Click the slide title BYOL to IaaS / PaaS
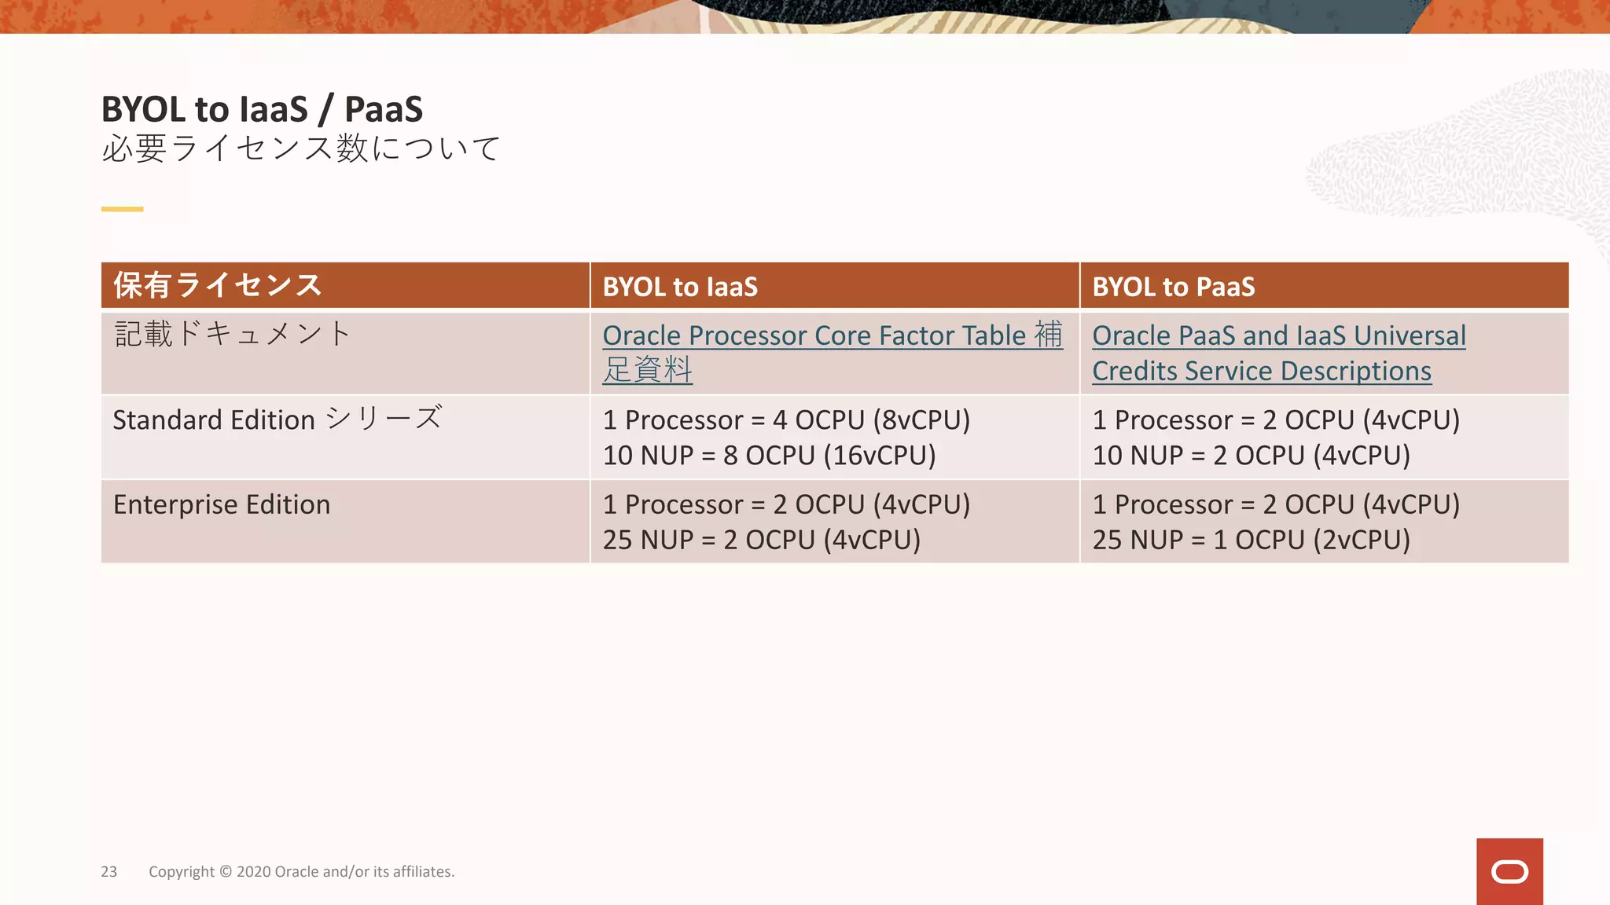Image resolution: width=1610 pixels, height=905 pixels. point(262,109)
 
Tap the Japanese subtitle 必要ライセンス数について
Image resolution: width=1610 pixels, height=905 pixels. point(300,148)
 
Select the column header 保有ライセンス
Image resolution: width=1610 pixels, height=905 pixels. point(218,285)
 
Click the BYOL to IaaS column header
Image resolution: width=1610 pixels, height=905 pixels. point(680,287)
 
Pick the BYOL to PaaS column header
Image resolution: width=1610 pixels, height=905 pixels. point(1173,287)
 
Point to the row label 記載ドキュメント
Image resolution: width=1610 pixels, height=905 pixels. point(232,334)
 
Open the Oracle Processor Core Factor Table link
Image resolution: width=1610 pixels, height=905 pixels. point(814,335)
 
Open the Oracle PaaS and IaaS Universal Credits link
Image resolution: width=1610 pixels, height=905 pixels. point(1278,336)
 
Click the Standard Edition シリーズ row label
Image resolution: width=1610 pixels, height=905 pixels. point(278,419)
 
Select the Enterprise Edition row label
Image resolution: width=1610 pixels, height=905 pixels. point(222,504)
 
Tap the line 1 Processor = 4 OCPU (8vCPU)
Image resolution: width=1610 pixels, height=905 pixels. point(786,420)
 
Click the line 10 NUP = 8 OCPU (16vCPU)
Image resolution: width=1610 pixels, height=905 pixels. point(769,456)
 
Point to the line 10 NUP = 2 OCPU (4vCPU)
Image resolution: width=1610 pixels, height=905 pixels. point(1251,456)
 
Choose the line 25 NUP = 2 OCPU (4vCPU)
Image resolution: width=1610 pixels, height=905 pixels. point(761,540)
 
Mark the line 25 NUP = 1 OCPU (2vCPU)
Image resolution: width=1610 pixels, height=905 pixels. point(1251,540)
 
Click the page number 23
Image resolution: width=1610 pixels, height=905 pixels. point(108,871)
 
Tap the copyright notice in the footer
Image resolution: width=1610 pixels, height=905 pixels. point(301,871)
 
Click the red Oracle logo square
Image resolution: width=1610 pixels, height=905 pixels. point(1509,871)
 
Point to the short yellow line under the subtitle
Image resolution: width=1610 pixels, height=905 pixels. point(122,209)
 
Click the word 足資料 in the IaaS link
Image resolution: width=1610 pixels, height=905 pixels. point(647,370)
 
